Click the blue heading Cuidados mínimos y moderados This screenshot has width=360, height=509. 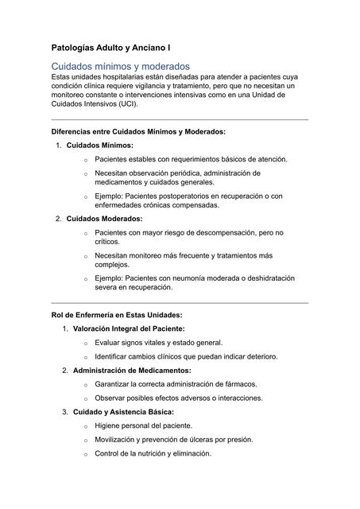(120, 66)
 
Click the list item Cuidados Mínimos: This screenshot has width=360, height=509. (99, 146)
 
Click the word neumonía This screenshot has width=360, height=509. (213, 278)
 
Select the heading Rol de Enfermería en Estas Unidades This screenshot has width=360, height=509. (116, 314)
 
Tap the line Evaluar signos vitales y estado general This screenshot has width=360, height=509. (158, 342)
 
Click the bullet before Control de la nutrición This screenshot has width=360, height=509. (85, 454)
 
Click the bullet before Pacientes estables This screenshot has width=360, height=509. (85, 160)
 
